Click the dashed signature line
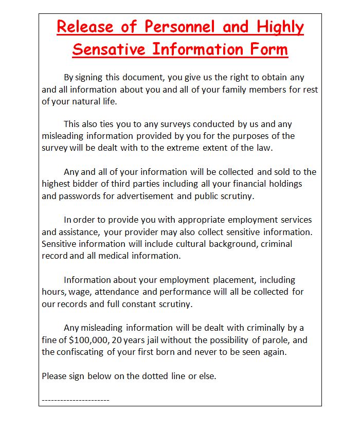[x=76, y=400]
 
